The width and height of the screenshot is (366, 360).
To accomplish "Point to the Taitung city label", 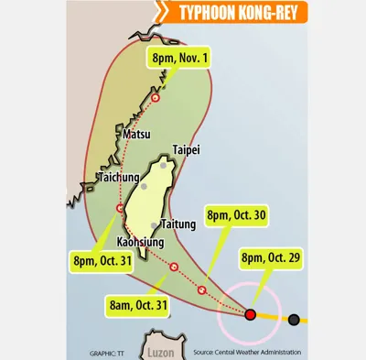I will tap(178, 224).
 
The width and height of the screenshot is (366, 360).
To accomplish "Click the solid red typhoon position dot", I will tap(250, 314).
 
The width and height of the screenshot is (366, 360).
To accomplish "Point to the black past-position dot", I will tap(294, 320).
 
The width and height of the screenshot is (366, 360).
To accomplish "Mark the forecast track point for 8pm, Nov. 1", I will tap(156, 97).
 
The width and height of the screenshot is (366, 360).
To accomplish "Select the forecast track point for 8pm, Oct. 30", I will tap(201, 291).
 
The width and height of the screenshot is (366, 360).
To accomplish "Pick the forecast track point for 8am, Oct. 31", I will tap(173, 267).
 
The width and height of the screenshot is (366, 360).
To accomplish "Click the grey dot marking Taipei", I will tap(164, 166).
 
